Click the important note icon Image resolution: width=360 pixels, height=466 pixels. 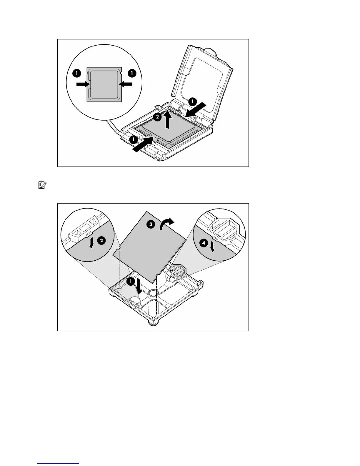(x=42, y=185)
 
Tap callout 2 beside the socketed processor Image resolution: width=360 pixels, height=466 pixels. (x=157, y=117)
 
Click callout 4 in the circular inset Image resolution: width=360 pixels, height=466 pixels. (x=203, y=243)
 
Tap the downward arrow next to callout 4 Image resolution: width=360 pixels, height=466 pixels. (x=212, y=248)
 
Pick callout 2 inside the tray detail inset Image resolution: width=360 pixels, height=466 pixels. (x=101, y=241)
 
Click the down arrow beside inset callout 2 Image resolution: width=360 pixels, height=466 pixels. (x=92, y=243)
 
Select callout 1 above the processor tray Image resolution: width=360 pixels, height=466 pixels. (x=130, y=282)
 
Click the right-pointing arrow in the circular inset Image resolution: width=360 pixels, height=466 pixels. (x=82, y=84)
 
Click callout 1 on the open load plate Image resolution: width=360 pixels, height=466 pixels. (x=192, y=102)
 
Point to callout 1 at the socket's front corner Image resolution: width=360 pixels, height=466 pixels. (x=134, y=139)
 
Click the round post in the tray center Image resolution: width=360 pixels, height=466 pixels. (x=153, y=293)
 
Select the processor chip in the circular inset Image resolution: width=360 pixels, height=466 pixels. (x=104, y=84)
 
